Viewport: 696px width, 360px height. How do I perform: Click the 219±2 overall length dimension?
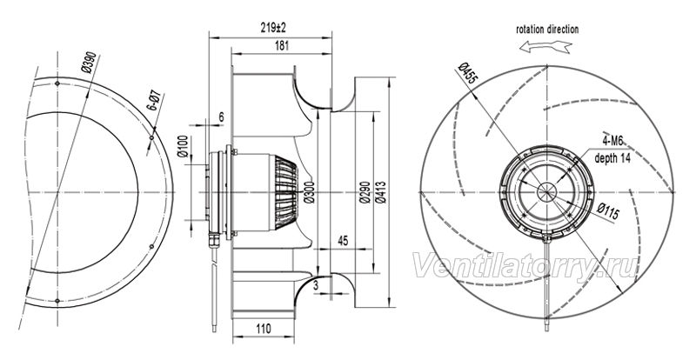(273, 28)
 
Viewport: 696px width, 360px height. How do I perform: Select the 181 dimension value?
(281, 45)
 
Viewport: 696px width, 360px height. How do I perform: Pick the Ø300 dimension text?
(310, 192)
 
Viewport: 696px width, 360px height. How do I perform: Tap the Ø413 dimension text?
(380, 192)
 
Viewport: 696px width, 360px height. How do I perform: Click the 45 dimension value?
(343, 240)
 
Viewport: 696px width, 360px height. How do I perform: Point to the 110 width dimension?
(264, 329)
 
